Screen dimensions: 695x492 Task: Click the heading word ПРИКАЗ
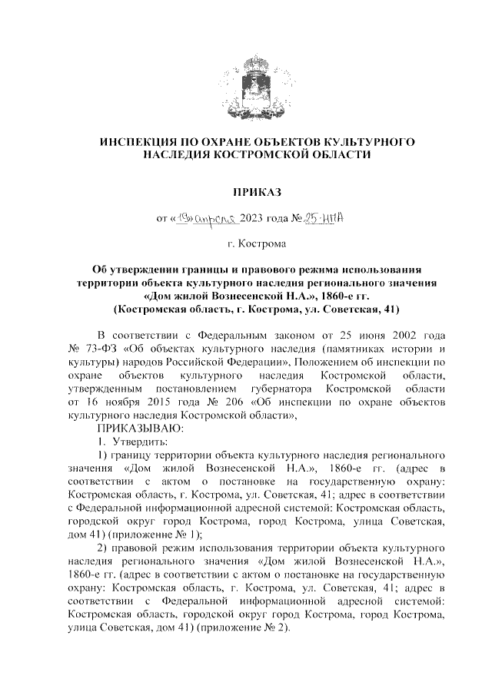(246, 190)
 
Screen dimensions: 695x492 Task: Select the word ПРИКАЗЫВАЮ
(140, 428)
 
